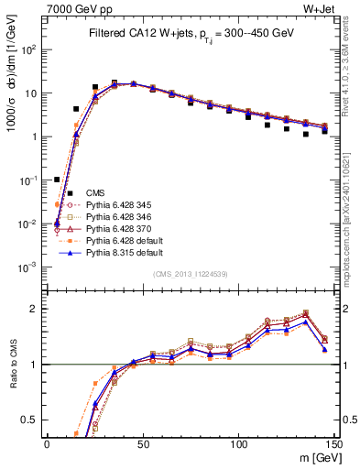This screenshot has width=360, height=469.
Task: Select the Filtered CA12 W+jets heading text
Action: tap(191, 33)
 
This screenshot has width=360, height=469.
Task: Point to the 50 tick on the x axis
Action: tap(144, 442)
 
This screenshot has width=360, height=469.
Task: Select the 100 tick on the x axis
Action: tap(239, 442)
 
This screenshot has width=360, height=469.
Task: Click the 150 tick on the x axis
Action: tap(334, 442)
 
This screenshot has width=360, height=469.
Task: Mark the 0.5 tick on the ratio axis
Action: tap(33, 420)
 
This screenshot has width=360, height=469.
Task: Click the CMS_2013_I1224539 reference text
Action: tap(191, 273)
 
